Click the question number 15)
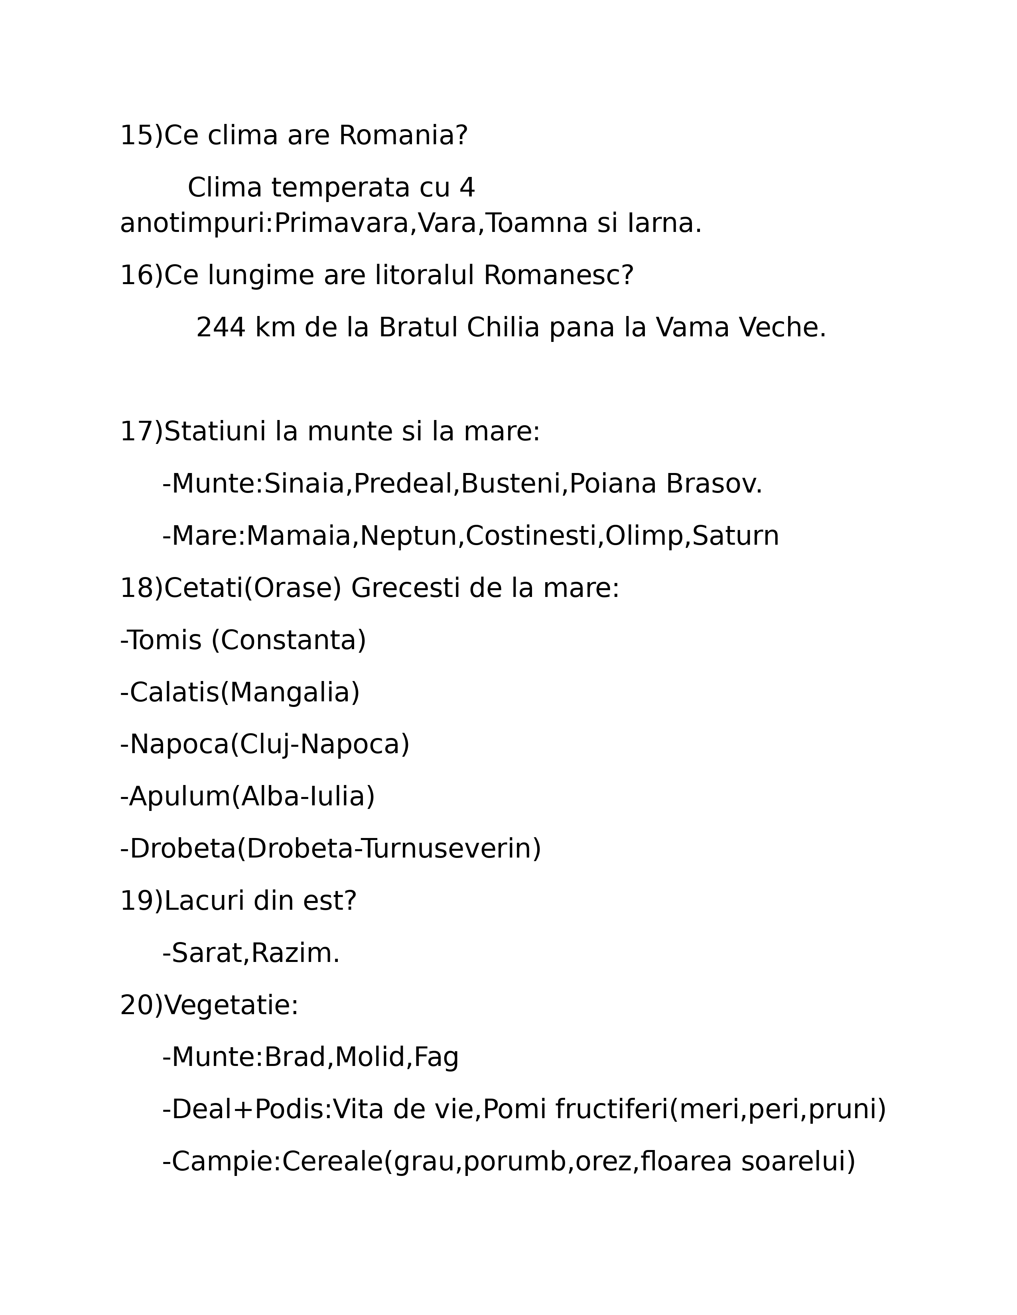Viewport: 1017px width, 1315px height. [x=141, y=135]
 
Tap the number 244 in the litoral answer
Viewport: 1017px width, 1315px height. [x=221, y=328]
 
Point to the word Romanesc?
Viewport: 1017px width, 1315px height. [x=558, y=276]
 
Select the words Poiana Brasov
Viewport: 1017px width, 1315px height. [x=665, y=484]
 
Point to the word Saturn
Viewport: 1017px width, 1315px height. [x=735, y=536]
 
